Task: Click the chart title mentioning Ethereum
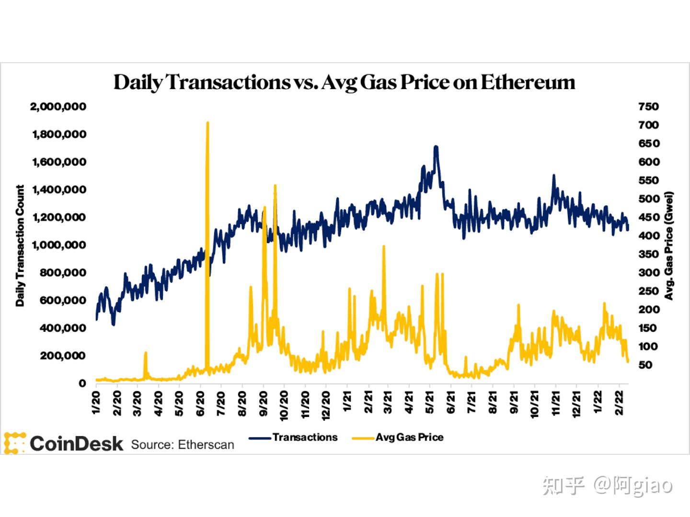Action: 344,82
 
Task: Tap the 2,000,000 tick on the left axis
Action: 58,106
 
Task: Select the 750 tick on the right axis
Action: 648,106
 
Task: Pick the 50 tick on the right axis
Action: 645,365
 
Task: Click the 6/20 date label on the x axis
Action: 200,404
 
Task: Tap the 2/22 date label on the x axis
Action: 619,404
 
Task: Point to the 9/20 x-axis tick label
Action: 263,404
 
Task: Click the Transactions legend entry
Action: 305,437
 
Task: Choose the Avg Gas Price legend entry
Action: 409,437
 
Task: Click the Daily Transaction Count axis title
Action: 20,245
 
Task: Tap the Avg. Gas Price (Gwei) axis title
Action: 669,246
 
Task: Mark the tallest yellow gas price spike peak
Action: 207,123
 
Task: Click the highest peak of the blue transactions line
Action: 436,147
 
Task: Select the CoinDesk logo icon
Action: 14,443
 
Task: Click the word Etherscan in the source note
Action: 206,445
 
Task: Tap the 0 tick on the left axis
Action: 82,383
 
